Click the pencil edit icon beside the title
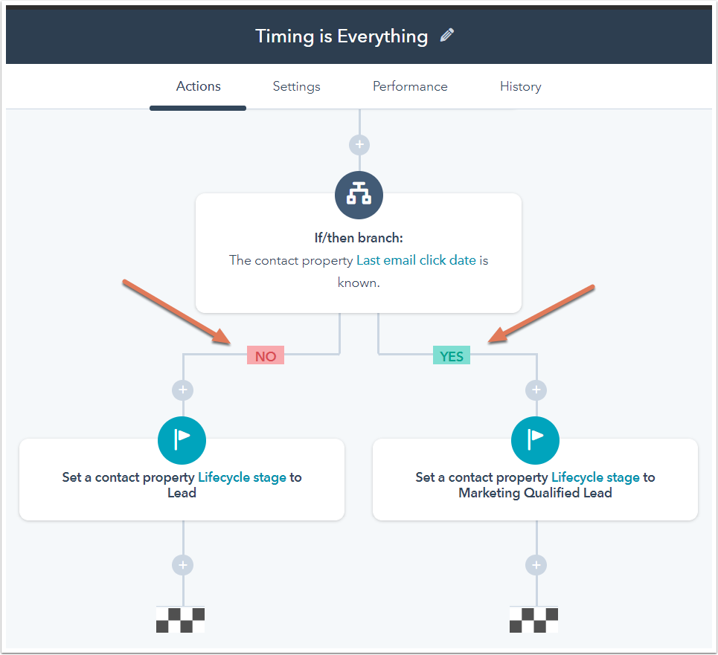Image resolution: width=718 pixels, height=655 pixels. (x=447, y=35)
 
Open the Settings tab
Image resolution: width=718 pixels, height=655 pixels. (x=296, y=86)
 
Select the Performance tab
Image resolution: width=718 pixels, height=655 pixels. (x=410, y=86)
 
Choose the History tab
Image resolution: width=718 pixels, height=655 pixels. (x=521, y=86)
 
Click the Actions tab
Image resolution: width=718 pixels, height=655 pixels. (x=198, y=86)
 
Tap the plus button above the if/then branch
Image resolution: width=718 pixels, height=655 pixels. (x=359, y=145)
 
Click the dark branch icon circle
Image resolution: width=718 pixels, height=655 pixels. (x=359, y=195)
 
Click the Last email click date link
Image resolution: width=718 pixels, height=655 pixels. (x=416, y=260)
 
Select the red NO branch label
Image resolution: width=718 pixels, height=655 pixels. (x=266, y=355)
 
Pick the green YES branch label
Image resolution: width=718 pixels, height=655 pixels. (x=452, y=355)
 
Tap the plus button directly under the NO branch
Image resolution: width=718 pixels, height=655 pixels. (x=183, y=390)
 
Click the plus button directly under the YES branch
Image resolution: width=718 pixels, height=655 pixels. (x=536, y=390)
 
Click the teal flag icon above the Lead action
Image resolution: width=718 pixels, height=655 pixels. (x=182, y=440)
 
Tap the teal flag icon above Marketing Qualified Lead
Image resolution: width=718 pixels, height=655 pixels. (x=535, y=440)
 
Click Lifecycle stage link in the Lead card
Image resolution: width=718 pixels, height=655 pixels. (x=243, y=477)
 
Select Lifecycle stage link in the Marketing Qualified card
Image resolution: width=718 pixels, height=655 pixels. (x=596, y=477)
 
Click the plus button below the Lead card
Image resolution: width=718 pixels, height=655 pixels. (x=183, y=565)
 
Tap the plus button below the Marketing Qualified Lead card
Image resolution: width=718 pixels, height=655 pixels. (x=536, y=565)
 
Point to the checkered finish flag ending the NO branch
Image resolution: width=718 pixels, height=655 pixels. (x=180, y=620)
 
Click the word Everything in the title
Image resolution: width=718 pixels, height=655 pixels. (x=382, y=36)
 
